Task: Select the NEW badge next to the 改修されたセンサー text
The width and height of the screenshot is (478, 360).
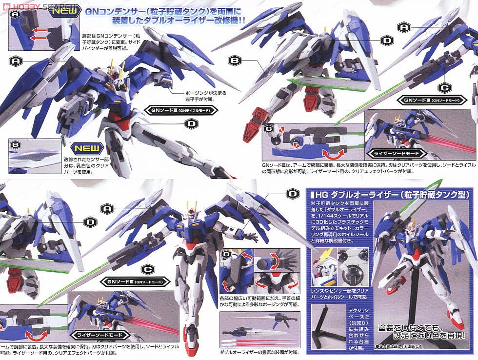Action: click(87, 148)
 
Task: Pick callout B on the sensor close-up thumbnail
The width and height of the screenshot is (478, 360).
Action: click(15, 145)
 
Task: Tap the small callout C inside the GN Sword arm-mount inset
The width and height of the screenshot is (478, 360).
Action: click(269, 128)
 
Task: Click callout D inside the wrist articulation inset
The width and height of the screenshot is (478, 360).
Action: click(226, 255)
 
